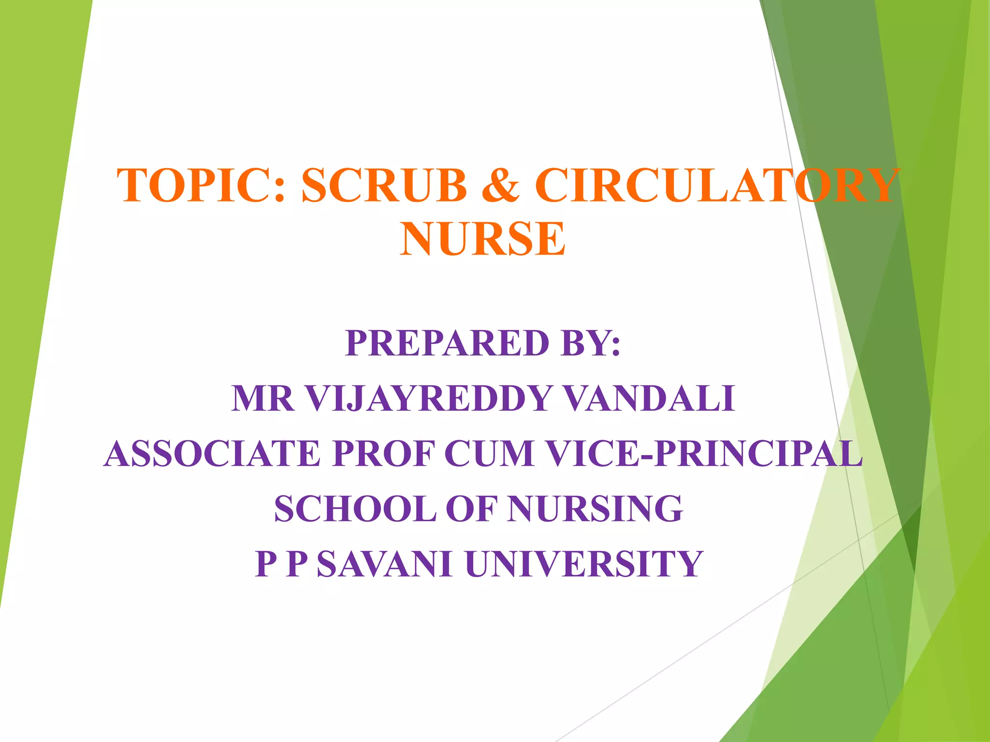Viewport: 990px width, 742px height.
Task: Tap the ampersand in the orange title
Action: pos(501,185)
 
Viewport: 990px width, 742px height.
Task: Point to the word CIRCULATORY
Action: pos(716,185)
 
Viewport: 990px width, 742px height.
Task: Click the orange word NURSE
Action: pos(482,239)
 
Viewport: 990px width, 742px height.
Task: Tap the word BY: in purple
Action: pos(590,343)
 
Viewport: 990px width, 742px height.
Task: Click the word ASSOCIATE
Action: pos(212,454)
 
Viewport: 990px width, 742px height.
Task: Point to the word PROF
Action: pos(384,454)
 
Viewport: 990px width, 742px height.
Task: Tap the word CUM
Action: pos(489,454)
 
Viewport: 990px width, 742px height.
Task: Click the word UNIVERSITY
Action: pos(584,564)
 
